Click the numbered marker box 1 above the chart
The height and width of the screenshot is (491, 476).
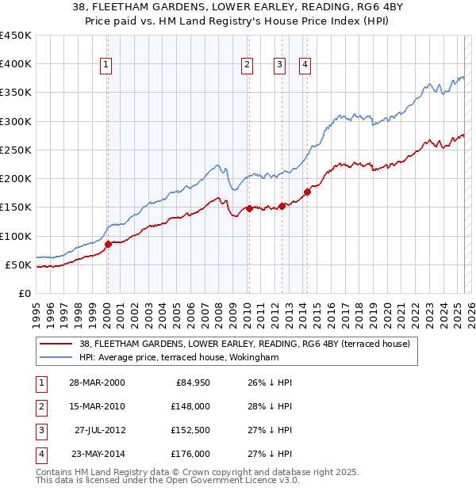point(106,66)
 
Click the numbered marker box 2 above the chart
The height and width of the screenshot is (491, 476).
point(248,66)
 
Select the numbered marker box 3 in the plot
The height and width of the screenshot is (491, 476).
point(280,66)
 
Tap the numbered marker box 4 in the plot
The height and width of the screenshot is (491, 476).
point(305,66)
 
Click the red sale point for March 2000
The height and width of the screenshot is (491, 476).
point(109,244)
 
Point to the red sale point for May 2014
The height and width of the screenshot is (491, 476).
point(307,192)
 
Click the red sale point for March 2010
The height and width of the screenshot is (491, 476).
point(249,208)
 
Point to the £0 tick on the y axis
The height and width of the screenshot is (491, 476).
point(24,293)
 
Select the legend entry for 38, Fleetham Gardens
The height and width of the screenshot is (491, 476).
point(244,344)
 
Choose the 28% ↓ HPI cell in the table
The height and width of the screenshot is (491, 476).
point(270,406)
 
